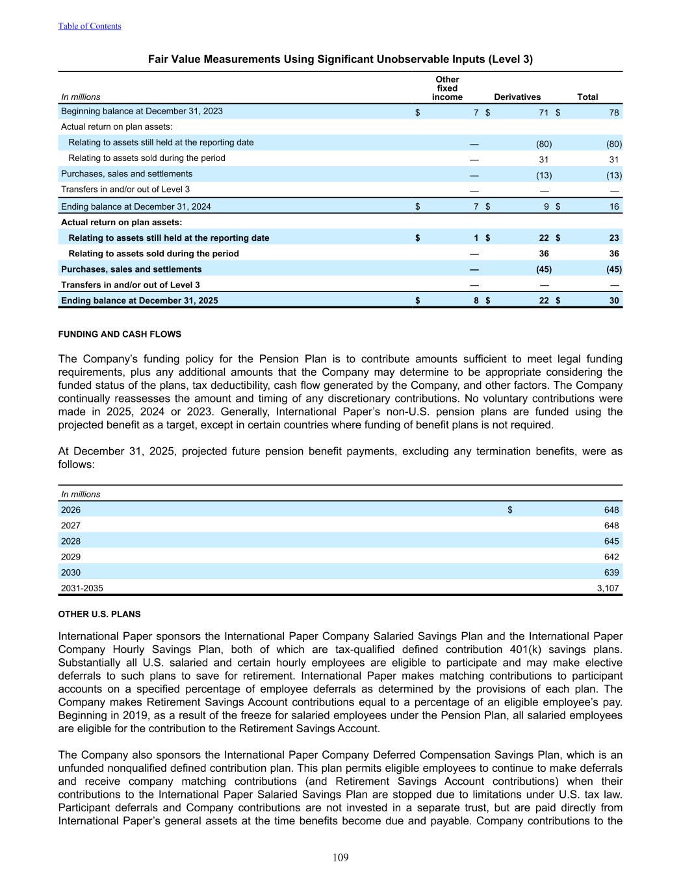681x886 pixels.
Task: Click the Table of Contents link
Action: coord(90,26)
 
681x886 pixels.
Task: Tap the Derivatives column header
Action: coord(517,97)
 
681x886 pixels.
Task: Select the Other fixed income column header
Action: coord(447,88)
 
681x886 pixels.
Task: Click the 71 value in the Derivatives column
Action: coord(543,112)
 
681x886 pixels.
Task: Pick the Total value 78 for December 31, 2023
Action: coord(613,112)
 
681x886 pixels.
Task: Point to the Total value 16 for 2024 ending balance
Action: coord(613,206)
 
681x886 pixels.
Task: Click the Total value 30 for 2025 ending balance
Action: coord(613,301)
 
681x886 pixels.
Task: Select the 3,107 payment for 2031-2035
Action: coord(608,588)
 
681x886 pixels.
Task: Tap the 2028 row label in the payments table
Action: coord(71,541)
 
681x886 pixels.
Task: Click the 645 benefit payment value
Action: coord(611,541)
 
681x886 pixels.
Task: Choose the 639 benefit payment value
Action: coord(611,572)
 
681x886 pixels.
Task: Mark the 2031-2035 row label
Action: coord(82,588)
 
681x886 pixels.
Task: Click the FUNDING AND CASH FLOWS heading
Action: coord(120,334)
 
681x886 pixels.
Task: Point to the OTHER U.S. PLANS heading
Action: coord(99,614)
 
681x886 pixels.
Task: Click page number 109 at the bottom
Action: coord(340,857)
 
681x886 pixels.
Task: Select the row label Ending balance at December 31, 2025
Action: coord(139,301)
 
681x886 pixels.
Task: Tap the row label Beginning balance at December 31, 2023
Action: coord(142,111)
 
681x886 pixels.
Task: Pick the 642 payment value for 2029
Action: coord(611,557)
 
